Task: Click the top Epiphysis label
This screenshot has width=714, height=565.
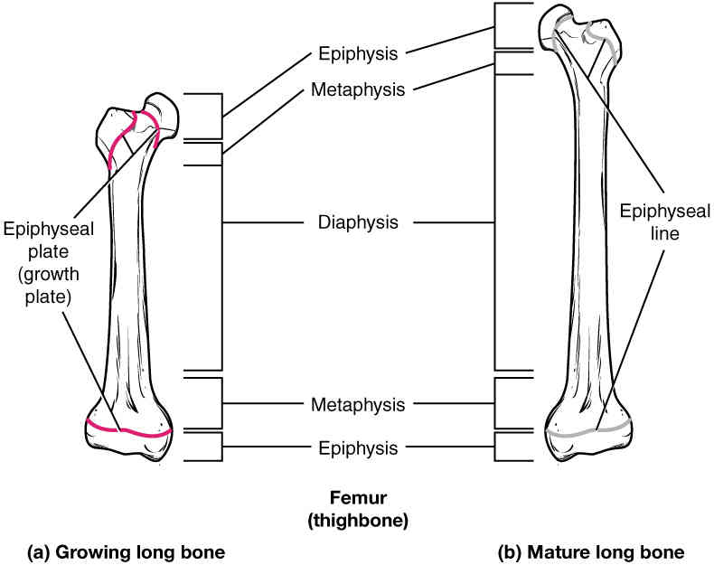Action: (x=358, y=53)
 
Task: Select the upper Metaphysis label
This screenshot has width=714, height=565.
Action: (x=358, y=89)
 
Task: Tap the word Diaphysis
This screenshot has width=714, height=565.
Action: (x=358, y=222)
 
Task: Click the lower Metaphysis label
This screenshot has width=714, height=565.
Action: (x=358, y=405)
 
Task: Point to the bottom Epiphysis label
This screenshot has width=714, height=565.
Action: (x=358, y=448)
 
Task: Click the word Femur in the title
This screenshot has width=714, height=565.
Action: (x=358, y=497)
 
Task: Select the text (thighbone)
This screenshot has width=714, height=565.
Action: (x=358, y=521)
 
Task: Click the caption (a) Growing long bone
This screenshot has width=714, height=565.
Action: (x=127, y=552)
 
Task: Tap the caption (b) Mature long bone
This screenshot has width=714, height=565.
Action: (x=591, y=552)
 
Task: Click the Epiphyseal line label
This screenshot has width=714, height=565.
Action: (x=664, y=222)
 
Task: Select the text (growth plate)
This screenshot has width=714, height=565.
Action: (x=48, y=286)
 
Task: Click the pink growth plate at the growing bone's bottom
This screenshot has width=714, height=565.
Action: (x=128, y=430)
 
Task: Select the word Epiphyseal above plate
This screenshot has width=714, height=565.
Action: (x=48, y=229)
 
